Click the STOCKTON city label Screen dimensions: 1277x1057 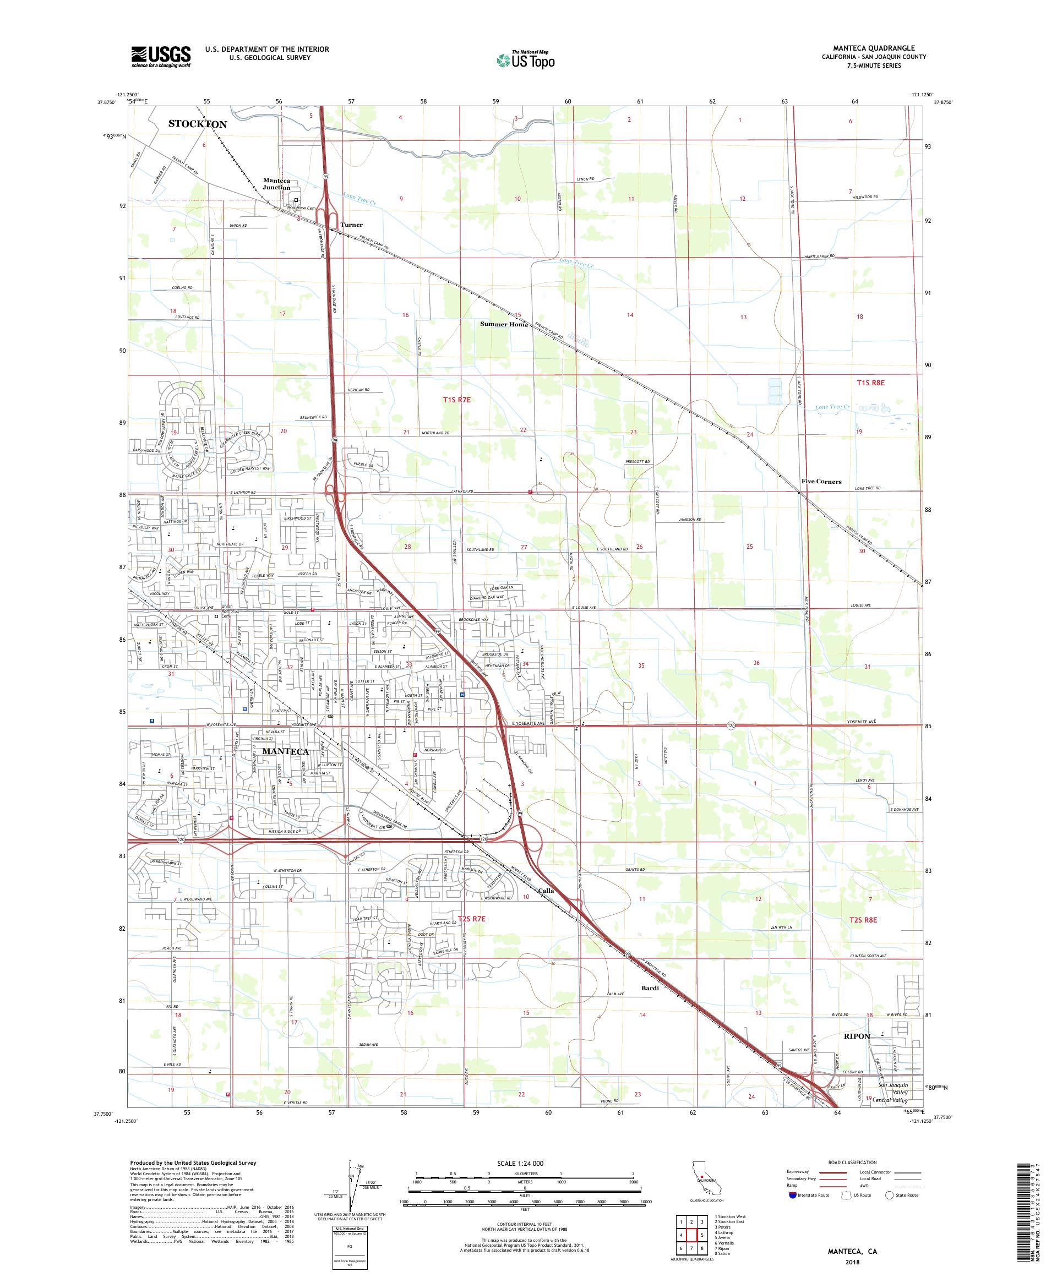click(197, 124)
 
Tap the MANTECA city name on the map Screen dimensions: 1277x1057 click(285, 751)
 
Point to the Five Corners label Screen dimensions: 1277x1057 click(821, 482)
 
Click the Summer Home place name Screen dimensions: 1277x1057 click(504, 324)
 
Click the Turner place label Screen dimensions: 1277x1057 click(351, 225)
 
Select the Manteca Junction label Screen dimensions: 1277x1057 click(277, 184)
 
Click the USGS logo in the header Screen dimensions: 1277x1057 click(161, 57)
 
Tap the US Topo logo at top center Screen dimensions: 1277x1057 click(526, 59)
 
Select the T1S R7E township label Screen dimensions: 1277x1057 click(456, 400)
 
